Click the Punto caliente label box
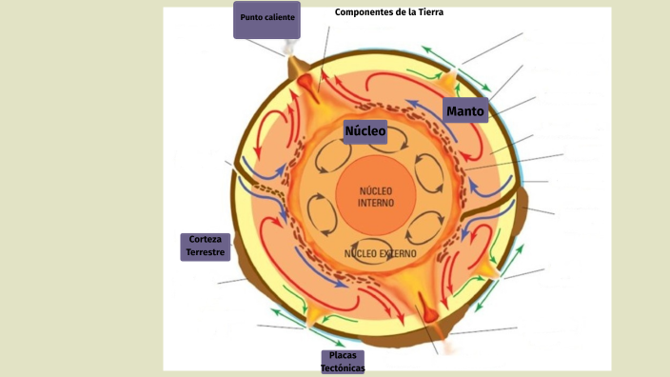pyautogui.click(x=266, y=19)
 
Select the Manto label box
pyautogui.click(x=465, y=111)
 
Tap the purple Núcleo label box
pyautogui.click(x=365, y=131)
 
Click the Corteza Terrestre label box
pyautogui.click(x=206, y=247)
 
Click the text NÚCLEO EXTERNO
pyautogui.click(x=380, y=254)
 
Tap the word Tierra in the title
pyautogui.click(x=429, y=12)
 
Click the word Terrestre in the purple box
pyautogui.click(x=206, y=253)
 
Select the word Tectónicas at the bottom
pyautogui.click(x=343, y=367)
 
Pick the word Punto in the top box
pyautogui.click(x=251, y=18)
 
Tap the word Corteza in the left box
pyautogui.click(x=206, y=240)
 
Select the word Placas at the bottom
pyautogui.click(x=343, y=356)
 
